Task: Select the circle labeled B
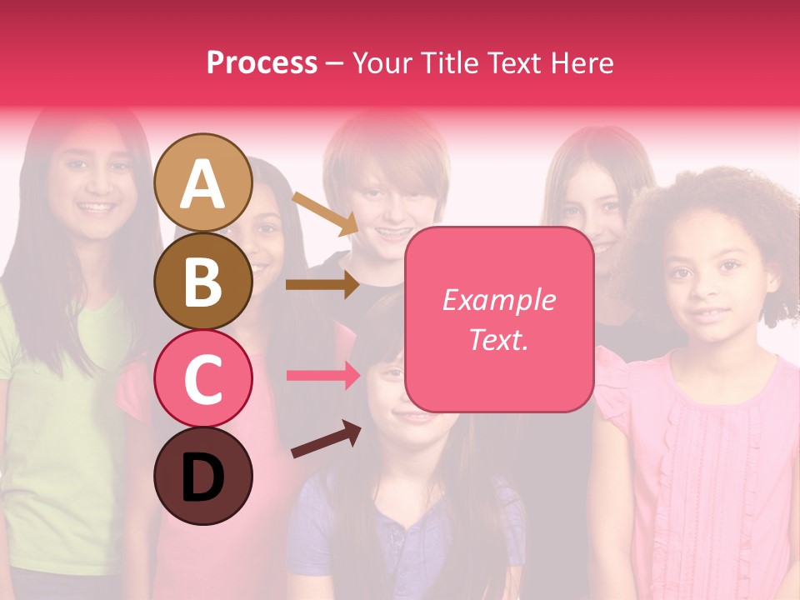point(202,281)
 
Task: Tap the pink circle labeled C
point(202,378)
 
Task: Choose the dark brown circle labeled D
point(202,476)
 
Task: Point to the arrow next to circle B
point(322,284)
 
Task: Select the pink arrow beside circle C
point(322,375)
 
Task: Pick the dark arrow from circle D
point(325,440)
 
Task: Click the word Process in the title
point(262,62)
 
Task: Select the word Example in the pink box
point(498,300)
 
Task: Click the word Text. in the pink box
point(498,340)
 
